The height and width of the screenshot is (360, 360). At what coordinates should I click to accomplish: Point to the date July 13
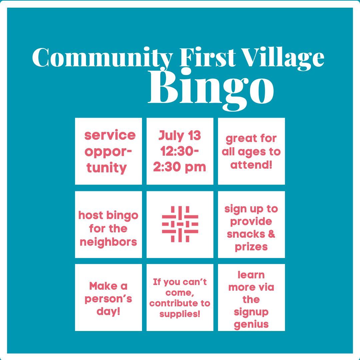click(x=180, y=136)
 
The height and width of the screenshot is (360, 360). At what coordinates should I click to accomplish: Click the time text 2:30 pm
click(x=180, y=167)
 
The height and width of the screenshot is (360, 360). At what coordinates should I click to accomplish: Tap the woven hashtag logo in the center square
click(x=180, y=224)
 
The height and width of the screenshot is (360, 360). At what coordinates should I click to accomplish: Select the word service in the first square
click(x=110, y=135)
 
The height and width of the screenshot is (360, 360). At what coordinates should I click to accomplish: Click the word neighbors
click(x=108, y=241)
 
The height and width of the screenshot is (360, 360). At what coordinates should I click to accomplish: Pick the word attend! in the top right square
click(x=251, y=165)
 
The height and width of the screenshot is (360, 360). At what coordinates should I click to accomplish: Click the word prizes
click(x=251, y=247)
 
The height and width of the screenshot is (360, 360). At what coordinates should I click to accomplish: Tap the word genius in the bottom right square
click(x=251, y=324)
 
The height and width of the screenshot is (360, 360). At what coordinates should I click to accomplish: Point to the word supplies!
click(x=180, y=314)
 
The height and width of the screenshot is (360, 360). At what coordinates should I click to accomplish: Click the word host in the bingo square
click(x=89, y=215)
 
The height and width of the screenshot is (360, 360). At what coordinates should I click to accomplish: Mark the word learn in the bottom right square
click(x=251, y=275)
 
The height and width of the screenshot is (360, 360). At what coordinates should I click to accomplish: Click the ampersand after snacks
click(x=271, y=234)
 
